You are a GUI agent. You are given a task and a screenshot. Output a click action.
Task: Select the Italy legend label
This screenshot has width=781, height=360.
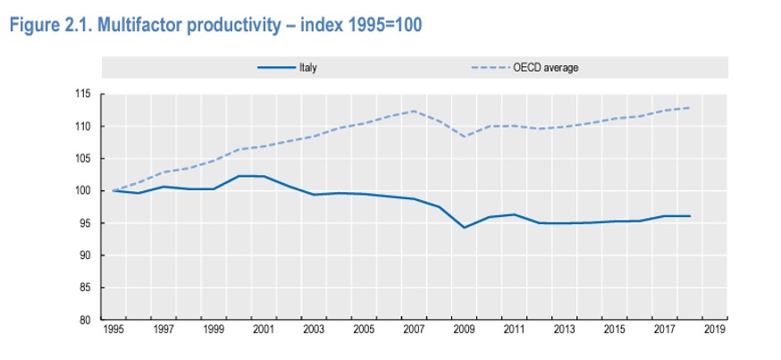(307, 67)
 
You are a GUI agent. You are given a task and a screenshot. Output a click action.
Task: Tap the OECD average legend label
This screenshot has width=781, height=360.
(546, 67)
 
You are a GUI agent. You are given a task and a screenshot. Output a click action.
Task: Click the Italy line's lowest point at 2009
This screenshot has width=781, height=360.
(464, 228)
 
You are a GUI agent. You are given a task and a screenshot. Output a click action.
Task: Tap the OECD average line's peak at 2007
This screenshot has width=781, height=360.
(414, 111)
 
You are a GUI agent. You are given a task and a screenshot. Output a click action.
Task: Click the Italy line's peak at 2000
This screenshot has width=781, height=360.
(239, 176)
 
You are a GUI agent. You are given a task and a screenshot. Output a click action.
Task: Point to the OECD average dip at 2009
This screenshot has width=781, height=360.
(464, 137)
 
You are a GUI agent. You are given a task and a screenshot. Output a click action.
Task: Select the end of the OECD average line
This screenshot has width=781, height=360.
(690, 108)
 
